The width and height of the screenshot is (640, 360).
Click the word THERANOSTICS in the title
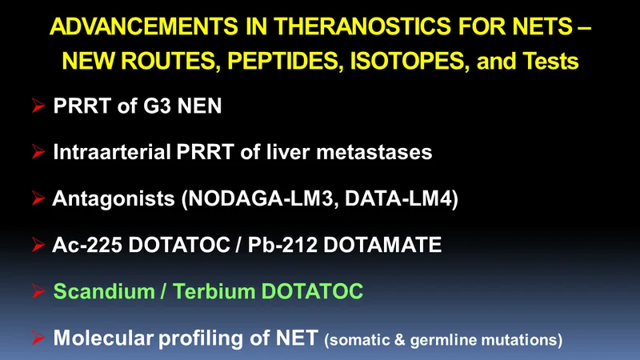362,26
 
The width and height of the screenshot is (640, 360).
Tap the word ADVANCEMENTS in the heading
144,26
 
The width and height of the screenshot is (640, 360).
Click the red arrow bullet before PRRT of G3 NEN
38,106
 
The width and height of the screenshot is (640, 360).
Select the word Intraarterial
112,152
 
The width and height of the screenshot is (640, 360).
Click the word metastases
374,153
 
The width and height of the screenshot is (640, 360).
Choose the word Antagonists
114,198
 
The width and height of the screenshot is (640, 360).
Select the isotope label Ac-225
87,245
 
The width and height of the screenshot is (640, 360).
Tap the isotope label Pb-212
282,245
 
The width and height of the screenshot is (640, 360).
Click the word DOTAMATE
382,245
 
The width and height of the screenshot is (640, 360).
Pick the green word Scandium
104,291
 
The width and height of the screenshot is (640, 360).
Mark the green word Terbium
214,291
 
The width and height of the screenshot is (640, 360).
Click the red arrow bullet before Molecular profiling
38,338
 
